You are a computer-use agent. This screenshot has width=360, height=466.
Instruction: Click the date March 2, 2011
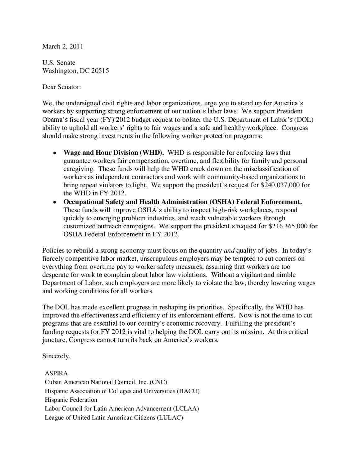point(62,47)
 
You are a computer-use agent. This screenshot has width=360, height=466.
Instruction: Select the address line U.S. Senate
point(59,63)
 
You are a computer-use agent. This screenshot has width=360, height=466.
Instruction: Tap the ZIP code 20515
point(100,71)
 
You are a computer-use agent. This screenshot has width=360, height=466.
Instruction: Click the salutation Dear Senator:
point(62,87)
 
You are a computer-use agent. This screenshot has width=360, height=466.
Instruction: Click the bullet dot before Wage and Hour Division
point(54,153)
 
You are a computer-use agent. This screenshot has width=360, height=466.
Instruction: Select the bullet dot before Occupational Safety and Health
point(54,202)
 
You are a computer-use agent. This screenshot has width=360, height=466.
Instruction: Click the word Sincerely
point(56,356)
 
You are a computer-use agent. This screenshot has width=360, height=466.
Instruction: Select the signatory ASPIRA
point(56,373)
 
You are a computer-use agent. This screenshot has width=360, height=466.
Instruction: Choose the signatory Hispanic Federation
point(71,400)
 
